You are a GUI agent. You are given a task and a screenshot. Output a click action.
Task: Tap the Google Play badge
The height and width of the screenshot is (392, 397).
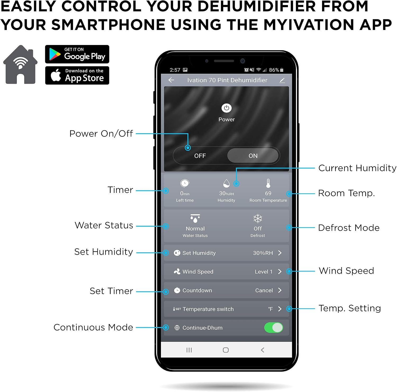tap(77, 54)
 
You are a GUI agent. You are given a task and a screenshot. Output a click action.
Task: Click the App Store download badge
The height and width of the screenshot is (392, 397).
tap(77, 75)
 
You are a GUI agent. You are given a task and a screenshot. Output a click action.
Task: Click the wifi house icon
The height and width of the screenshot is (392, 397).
tap(20, 65)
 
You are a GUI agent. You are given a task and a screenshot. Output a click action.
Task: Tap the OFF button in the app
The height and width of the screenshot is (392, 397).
tap(200, 156)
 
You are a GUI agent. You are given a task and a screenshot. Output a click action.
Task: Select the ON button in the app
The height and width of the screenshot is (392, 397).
tap(253, 156)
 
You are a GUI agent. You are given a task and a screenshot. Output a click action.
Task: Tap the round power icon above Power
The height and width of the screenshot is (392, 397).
tap(226, 108)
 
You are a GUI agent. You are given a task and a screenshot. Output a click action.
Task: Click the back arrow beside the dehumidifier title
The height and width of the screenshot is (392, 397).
tap(171, 80)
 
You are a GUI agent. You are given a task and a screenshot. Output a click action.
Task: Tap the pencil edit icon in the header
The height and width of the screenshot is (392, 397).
tap(282, 80)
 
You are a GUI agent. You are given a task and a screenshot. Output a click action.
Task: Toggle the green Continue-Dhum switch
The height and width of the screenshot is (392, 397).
tap(273, 327)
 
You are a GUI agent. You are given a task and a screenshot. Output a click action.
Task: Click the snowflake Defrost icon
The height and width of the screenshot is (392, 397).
tap(258, 218)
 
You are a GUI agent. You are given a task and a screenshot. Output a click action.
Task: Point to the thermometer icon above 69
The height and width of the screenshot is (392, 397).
tap(268, 183)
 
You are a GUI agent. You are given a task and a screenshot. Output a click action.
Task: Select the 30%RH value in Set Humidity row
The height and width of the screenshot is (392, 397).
tap(263, 253)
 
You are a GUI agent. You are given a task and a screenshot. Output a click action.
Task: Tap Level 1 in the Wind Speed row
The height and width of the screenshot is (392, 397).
tap(264, 272)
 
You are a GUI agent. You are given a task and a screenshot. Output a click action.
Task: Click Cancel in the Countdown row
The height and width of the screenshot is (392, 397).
tap(264, 290)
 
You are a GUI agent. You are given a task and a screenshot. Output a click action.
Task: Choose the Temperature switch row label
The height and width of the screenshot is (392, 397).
tap(208, 309)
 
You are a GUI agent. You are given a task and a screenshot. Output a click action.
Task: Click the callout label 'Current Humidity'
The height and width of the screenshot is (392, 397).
tap(357, 168)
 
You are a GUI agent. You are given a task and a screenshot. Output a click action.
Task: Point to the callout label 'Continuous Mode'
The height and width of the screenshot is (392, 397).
tap(93, 327)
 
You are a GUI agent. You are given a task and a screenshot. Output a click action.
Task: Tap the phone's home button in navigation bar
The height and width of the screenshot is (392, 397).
tap(226, 350)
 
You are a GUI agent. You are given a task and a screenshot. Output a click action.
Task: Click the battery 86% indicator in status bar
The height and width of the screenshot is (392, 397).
tap(276, 70)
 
